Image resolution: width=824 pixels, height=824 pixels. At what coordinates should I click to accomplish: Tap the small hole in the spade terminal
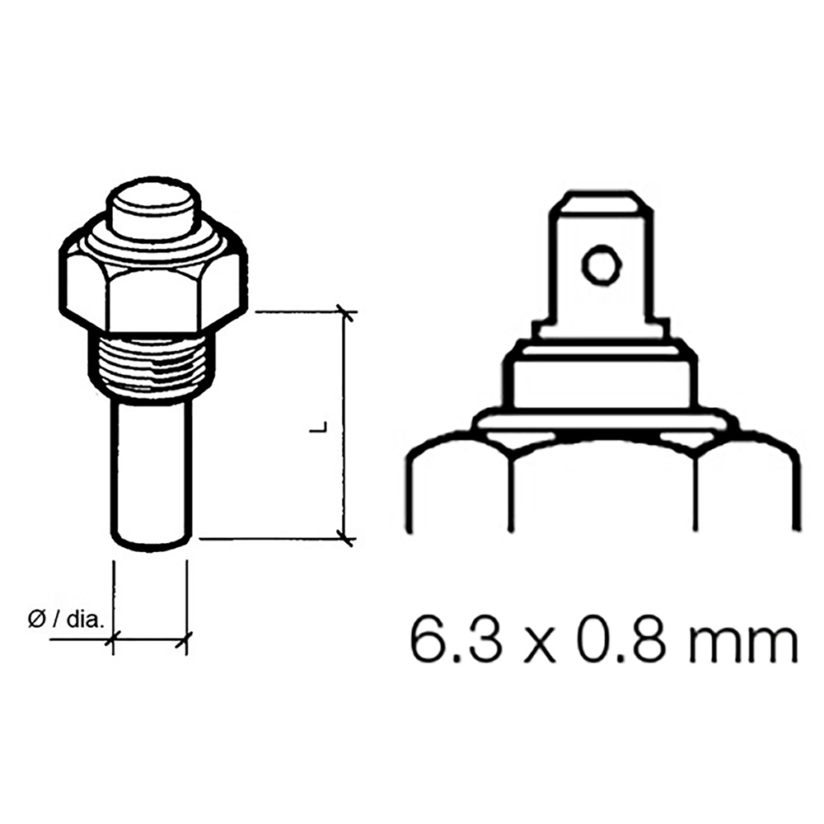coord(598,265)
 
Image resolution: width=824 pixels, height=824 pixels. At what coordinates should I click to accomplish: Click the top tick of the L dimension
coord(347,313)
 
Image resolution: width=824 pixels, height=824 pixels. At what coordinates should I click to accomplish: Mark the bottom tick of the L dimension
coord(347,539)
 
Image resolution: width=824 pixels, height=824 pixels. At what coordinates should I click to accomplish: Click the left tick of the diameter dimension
coord(113,638)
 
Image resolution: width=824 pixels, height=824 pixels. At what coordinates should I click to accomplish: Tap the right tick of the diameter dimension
coord(187,638)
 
